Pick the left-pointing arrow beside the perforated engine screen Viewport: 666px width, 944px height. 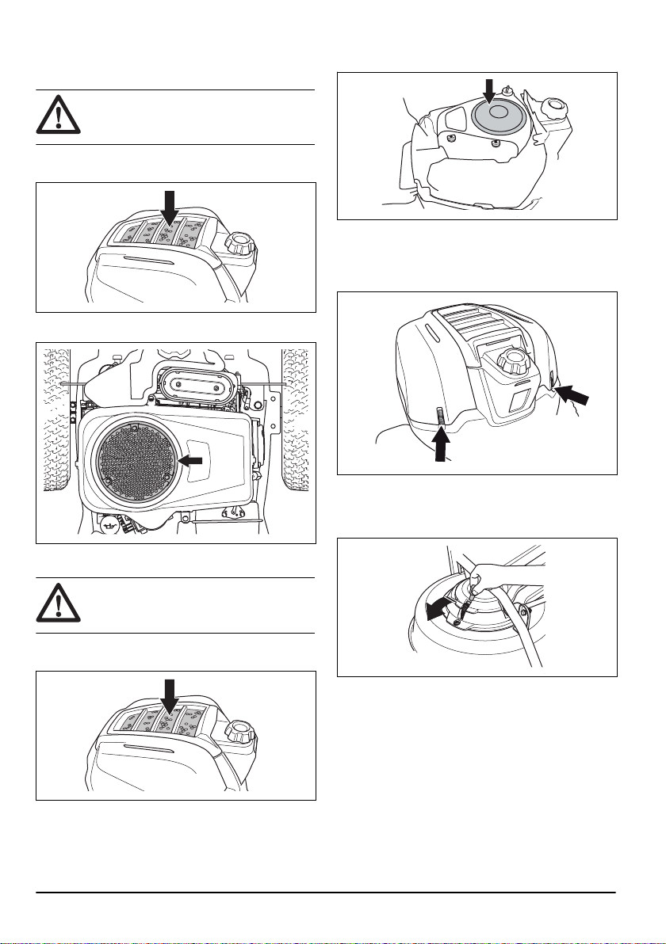click(x=192, y=460)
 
